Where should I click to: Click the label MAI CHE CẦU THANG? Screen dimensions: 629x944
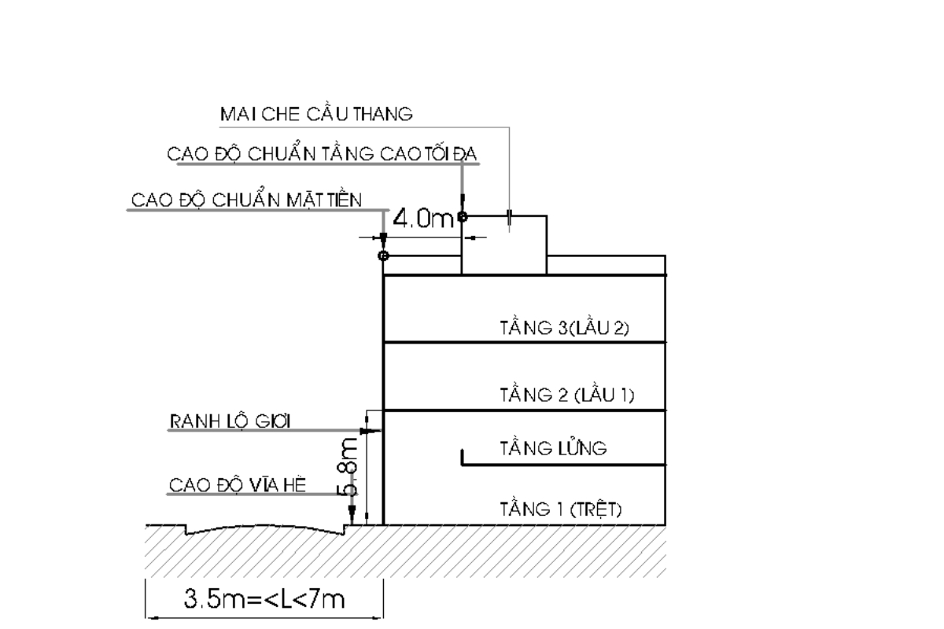point(316,115)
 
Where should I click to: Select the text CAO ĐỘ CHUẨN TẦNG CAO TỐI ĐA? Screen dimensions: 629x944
point(323,154)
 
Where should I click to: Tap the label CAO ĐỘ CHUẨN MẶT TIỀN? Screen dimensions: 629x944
point(246,200)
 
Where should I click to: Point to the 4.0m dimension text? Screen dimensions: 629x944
point(423,219)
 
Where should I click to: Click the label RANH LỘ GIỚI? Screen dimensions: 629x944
point(230,422)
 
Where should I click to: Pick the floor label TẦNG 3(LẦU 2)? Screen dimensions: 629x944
point(564,328)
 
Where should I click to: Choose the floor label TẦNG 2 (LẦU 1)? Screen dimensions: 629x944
point(566,395)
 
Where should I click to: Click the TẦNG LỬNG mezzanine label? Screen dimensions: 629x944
point(553,449)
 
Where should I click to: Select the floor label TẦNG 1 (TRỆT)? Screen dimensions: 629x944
point(561,509)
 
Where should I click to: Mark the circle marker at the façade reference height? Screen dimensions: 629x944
point(383,256)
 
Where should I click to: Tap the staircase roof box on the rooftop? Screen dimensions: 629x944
point(503,245)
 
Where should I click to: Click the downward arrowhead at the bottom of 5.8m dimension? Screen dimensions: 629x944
point(352,519)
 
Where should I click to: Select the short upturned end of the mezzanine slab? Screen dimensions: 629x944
point(462,457)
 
